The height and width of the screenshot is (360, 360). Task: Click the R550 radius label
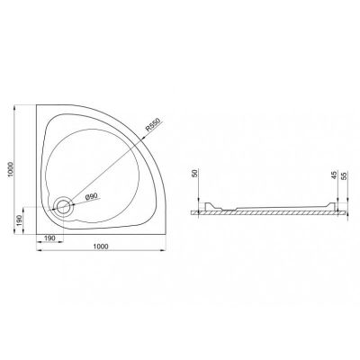coord(153,123)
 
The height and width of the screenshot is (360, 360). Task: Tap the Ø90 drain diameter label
coord(91,196)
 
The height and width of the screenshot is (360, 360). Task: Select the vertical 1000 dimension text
coord(11,169)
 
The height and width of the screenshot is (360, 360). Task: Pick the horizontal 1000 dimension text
coord(101,247)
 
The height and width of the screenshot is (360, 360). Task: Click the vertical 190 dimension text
coord(18,220)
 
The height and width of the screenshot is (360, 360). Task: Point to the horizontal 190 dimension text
coord(49,238)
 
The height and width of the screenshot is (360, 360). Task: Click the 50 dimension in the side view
coord(194,174)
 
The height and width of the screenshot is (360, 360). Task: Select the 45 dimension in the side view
coord(335,175)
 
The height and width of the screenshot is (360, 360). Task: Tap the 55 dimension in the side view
coord(344,175)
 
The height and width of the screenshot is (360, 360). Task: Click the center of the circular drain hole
coord(63,206)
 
